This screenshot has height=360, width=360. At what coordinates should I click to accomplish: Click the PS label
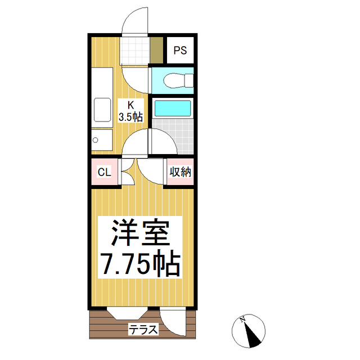179,50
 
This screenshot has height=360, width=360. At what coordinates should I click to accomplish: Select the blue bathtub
173,107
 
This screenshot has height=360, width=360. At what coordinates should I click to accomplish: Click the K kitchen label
130,105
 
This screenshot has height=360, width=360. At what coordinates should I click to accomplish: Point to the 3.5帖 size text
130,116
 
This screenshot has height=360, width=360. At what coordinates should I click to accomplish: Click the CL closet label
105,172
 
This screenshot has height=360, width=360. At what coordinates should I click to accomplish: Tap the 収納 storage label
180,172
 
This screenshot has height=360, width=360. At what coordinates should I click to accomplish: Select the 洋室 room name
140,233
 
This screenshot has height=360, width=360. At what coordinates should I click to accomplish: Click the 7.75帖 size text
140,262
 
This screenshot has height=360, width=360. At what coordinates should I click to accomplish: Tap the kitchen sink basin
102,110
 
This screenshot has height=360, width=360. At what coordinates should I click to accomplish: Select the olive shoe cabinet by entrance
156,51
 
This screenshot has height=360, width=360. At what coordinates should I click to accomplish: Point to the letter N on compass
242,321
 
